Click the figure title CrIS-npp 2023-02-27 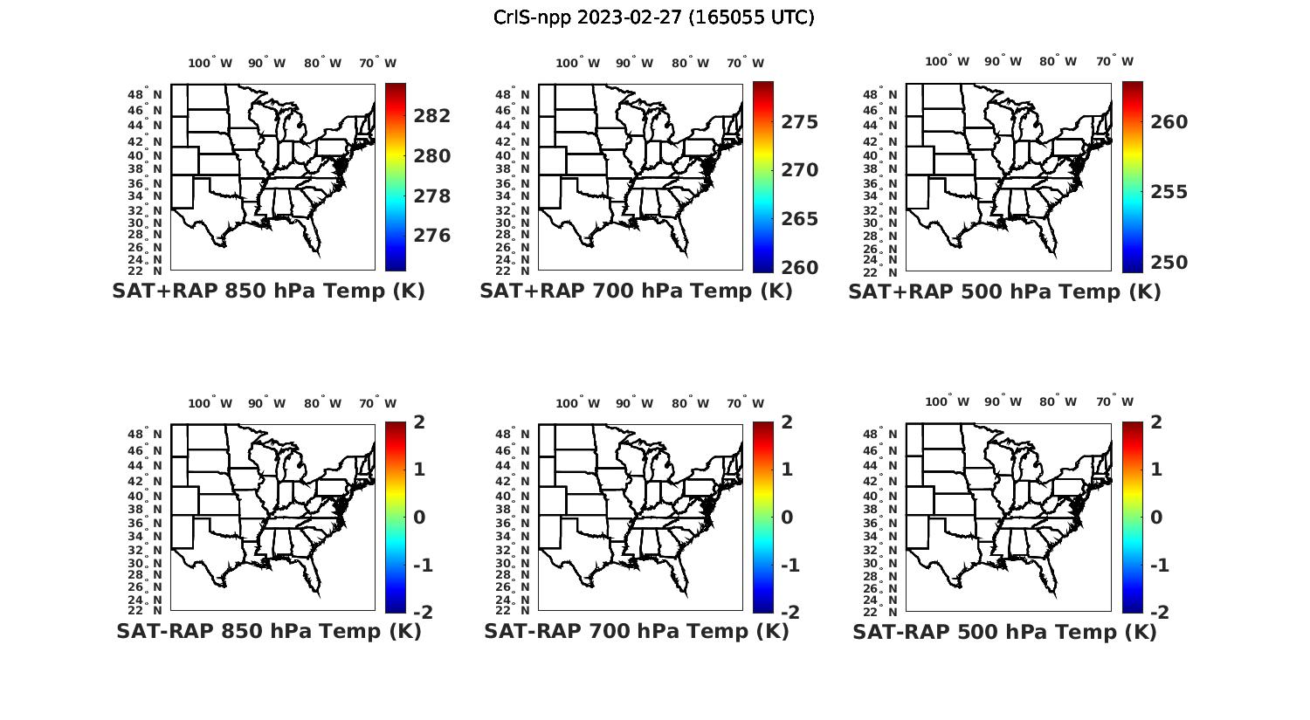pyautogui.click(x=653, y=17)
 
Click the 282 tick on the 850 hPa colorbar pyautogui.click(x=432, y=116)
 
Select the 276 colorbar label pyautogui.click(x=432, y=236)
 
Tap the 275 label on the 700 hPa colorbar pyautogui.click(x=800, y=122)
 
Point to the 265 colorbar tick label pyautogui.click(x=800, y=219)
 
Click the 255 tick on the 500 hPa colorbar pyautogui.click(x=1169, y=192)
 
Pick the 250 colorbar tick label pyautogui.click(x=1169, y=263)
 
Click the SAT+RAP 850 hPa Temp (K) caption pyautogui.click(x=268, y=291)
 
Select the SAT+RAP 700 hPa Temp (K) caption pyautogui.click(x=636, y=291)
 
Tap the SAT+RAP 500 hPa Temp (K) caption pyautogui.click(x=1004, y=292)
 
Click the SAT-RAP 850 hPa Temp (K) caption pyautogui.click(x=268, y=631)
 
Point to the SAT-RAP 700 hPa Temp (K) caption pyautogui.click(x=636, y=631)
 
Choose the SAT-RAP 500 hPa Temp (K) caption pyautogui.click(x=1004, y=632)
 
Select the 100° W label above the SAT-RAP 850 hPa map pyautogui.click(x=210, y=403)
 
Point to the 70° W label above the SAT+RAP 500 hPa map pyautogui.click(x=1115, y=61)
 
